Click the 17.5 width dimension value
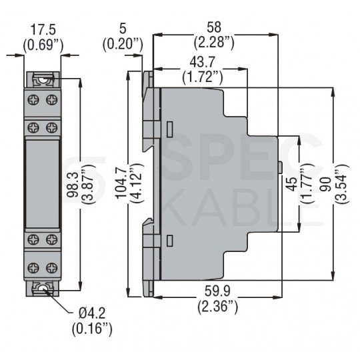(43, 29)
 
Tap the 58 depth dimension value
(214, 27)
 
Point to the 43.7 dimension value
(202, 62)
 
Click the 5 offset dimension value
(123, 29)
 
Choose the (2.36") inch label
(217, 306)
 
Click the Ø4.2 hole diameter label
(92, 313)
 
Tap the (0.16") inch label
(92, 329)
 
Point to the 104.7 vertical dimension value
(121, 183)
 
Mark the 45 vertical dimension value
(292, 185)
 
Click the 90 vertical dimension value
(326, 184)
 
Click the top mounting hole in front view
(43, 80)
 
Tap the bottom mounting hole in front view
(43, 289)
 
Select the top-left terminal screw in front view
(33, 100)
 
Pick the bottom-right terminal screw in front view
(52, 268)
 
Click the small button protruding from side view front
(280, 167)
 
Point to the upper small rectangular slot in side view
(170, 130)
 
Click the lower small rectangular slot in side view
(170, 241)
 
